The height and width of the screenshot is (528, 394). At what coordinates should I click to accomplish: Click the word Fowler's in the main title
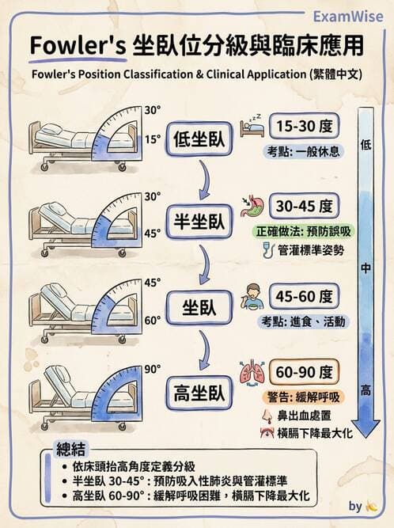[77, 47]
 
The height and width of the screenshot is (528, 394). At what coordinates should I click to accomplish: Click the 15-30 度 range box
[305, 126]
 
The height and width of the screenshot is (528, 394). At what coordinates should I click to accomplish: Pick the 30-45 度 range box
[305, 207]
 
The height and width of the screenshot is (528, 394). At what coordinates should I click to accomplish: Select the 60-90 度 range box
[305, 371]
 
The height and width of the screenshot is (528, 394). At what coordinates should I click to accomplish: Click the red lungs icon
[252, 372]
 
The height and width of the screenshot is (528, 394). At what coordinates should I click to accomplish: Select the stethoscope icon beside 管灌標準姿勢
[266, 251]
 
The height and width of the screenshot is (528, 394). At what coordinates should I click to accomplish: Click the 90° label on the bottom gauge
[153, 369]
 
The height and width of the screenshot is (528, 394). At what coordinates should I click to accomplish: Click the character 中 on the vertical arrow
[366, 269]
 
